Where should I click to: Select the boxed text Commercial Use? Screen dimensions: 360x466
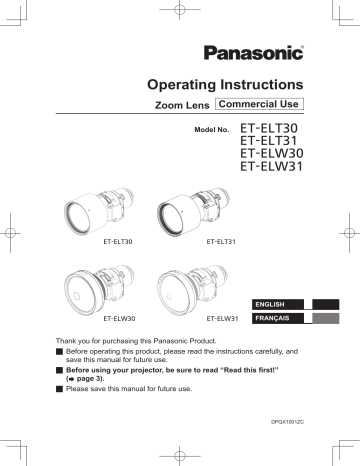(259, 103)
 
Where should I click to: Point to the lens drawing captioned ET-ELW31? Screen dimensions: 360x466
(190, 289)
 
